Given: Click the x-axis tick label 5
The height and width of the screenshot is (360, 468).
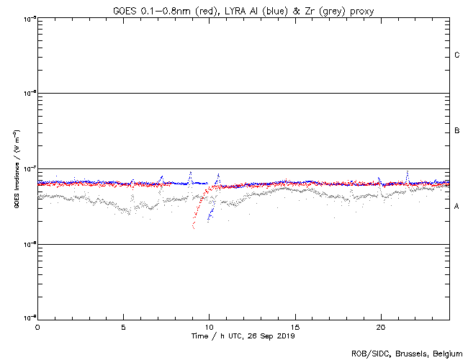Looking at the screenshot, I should [123, 327].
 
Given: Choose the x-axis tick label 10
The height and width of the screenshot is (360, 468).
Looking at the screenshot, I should [209, 327].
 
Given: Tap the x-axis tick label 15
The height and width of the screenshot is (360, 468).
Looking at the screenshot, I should [295, 327].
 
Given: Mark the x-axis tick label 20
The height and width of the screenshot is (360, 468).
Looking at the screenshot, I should [381, 327].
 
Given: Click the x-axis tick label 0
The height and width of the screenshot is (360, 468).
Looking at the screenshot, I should [37, 327].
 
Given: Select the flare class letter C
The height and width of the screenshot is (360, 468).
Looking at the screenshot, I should [457, 55].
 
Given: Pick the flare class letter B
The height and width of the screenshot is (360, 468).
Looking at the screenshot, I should [457, 131].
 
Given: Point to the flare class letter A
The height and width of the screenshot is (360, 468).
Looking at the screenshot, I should [457, 207].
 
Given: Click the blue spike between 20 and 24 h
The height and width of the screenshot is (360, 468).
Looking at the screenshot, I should [408, 173].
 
